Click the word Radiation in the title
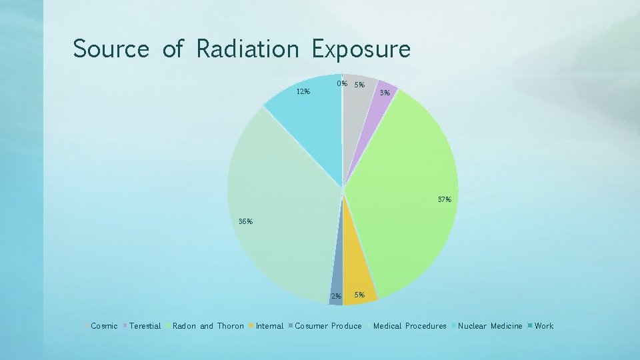(247, 49)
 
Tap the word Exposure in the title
(361, 49)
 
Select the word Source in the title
(111, 49)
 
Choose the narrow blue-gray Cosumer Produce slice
(337, 287)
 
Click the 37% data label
(445, 199)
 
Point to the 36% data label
(245, 222)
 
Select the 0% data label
(342, 84)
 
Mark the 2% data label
(337, 296)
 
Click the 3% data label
(385, 93)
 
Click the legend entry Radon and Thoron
(208, 326)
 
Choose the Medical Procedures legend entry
(409, 326)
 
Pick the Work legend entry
(543, 326)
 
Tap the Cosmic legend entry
(103, 326)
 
